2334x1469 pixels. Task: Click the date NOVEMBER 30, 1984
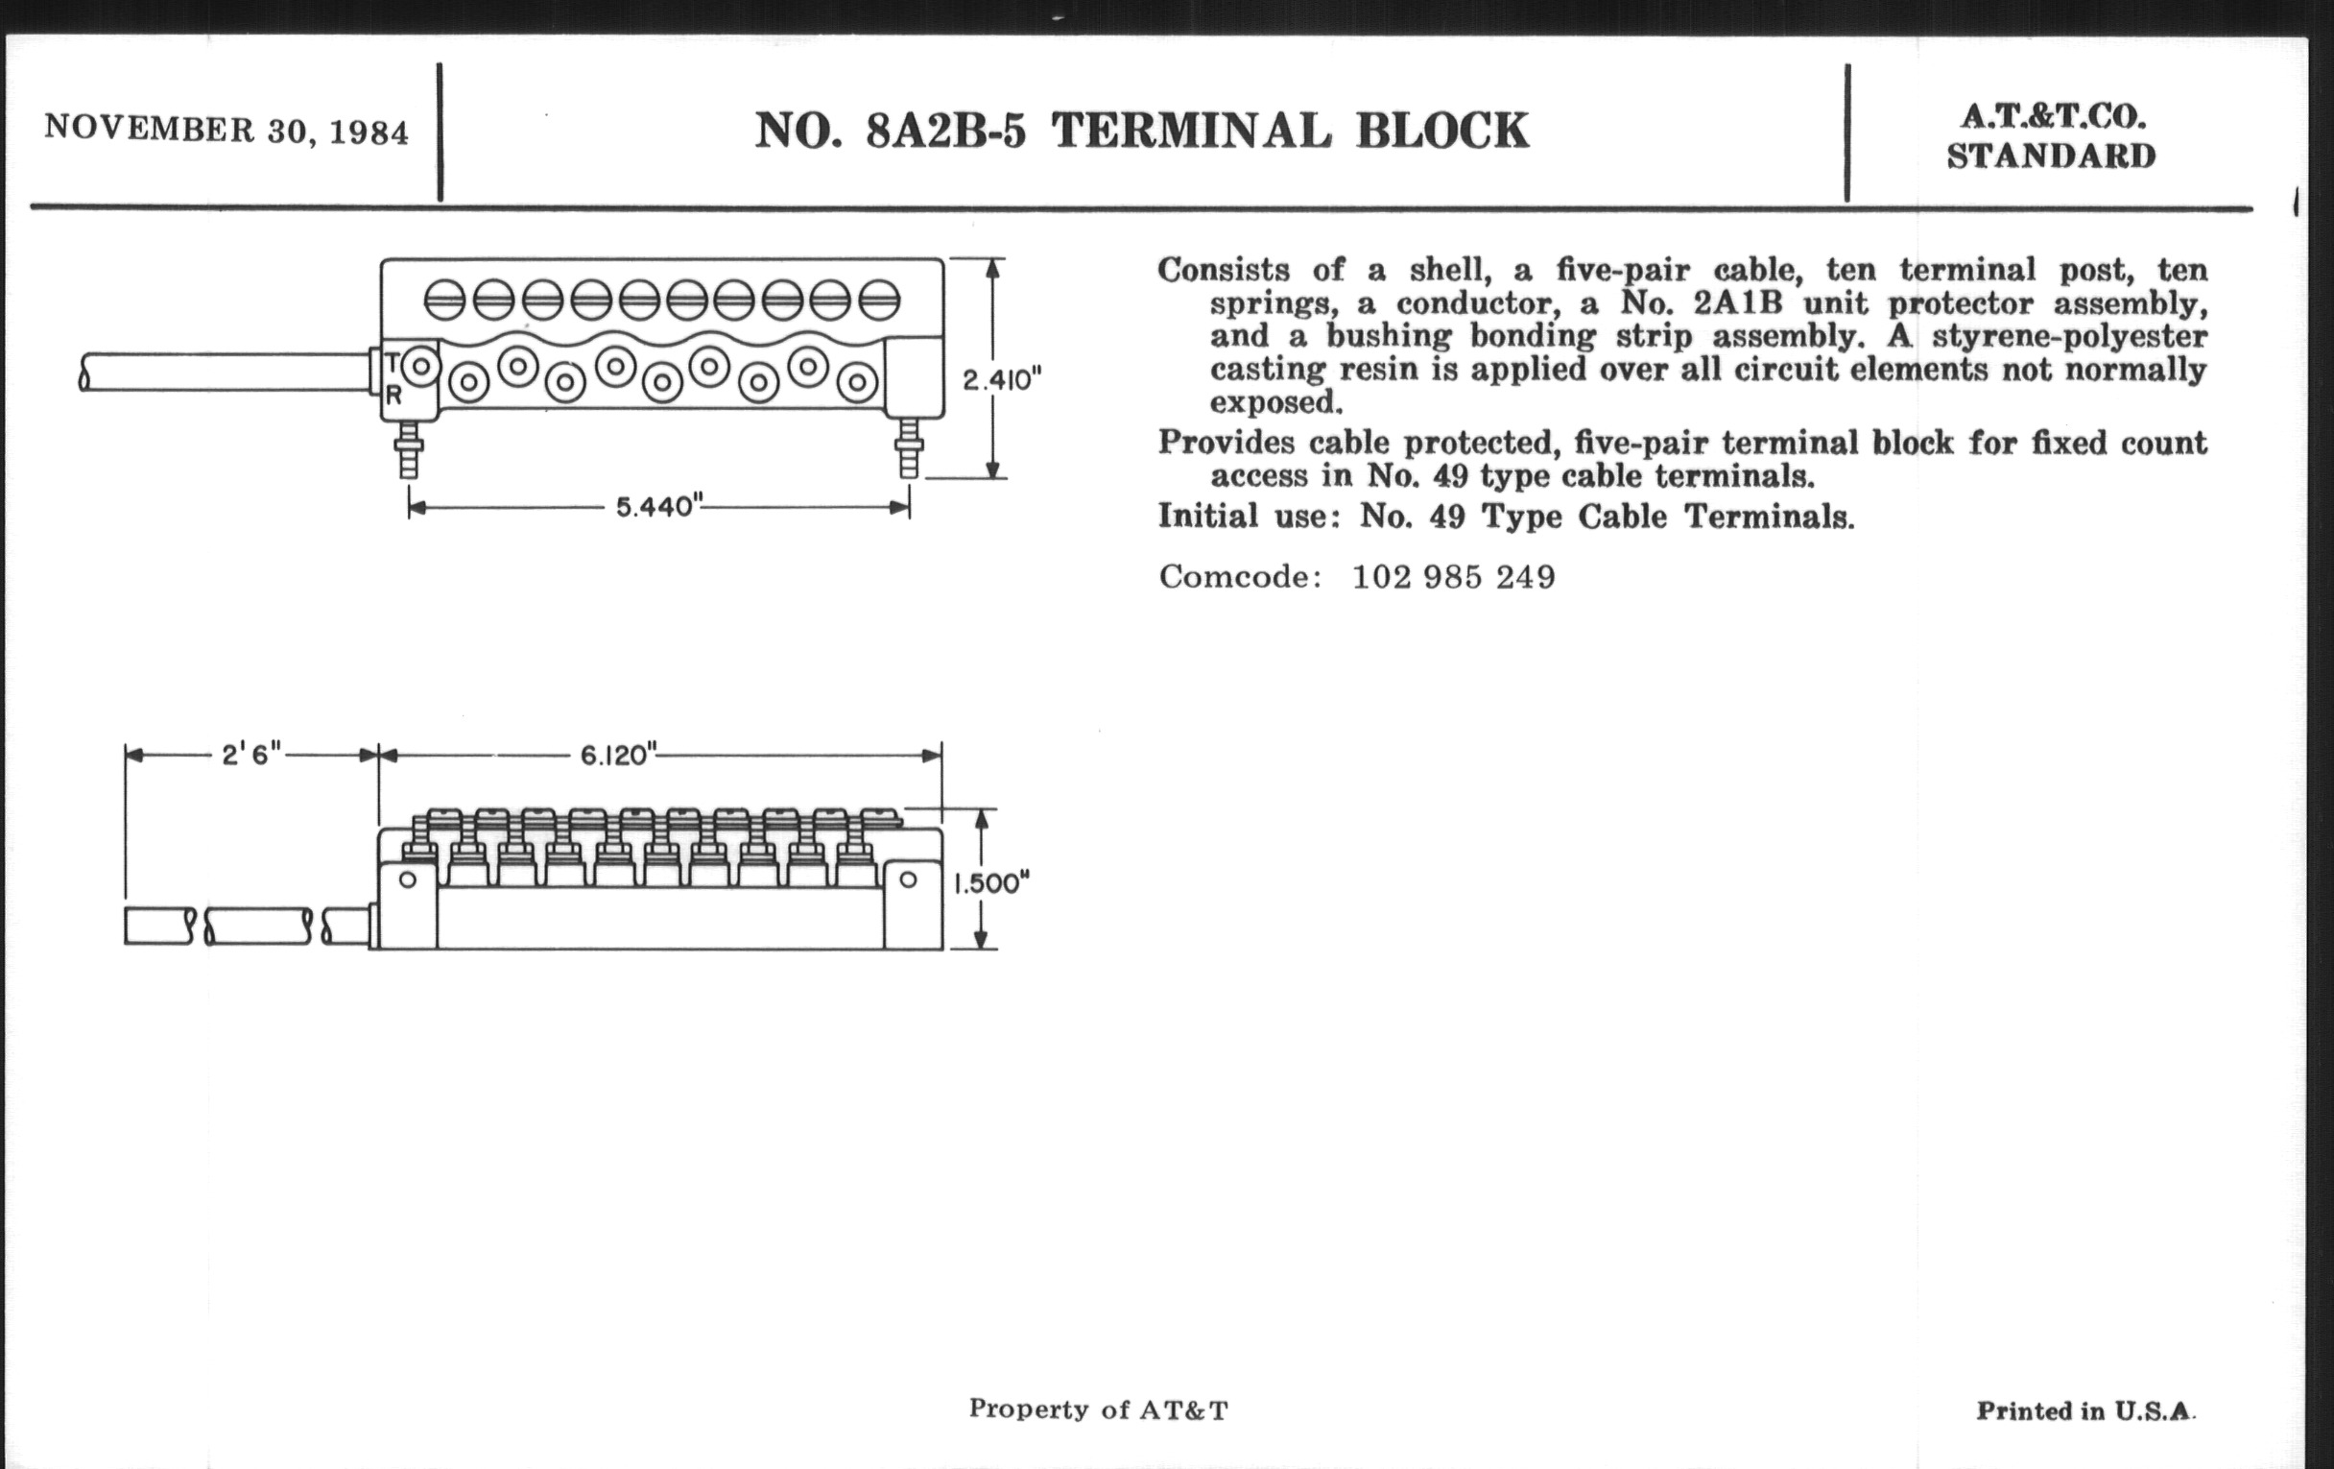[x=226, y=130]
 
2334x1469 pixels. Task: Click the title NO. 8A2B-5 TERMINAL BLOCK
[x=1142, y=131]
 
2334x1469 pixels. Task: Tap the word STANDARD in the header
[x=2052, y=157]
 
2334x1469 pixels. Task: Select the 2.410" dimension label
[x=1002, y=379]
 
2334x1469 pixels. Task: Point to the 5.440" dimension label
[x=659, y=506]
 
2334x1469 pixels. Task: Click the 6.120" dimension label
[x=618, y=755]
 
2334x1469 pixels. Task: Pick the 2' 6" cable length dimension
[x=251, y=754]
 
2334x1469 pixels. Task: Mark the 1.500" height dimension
[x=991, y=883]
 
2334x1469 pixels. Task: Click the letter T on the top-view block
[x=393, y=363]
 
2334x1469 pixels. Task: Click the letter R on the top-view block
[x=393, y=395]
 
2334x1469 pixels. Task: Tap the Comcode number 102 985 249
[x=1454, y=577]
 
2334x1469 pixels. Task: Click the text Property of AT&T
[x=1098, y=1409]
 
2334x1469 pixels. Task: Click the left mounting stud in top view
[x=409, y=448]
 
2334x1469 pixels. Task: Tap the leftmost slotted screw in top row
[x=445, y=300]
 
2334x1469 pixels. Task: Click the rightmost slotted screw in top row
[x=879, y=300]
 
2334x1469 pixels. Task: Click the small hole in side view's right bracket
[x=908, y=879]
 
